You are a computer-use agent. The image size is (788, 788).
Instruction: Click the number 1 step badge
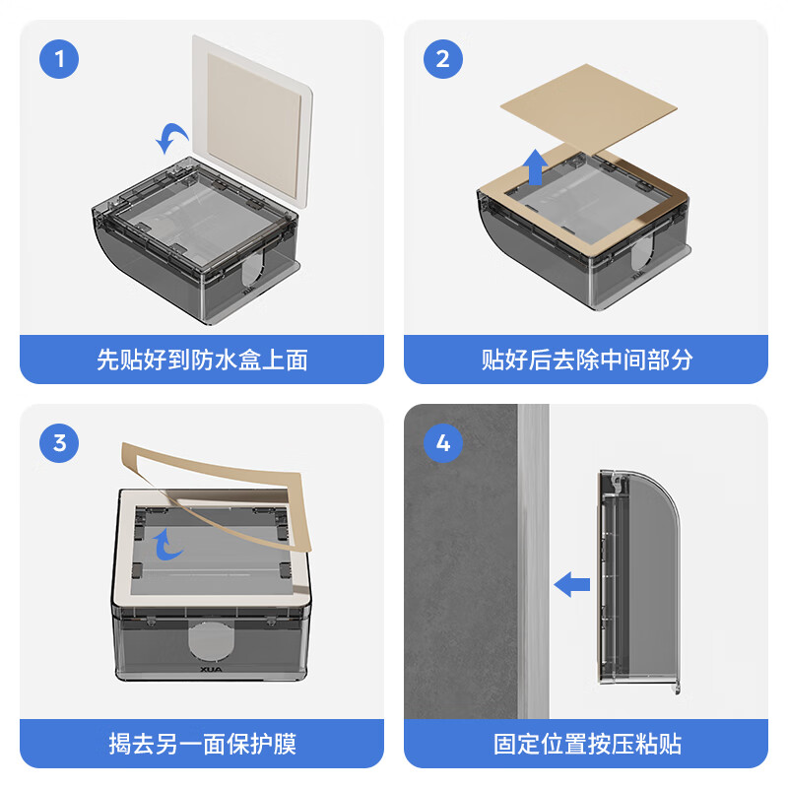pos(60,59)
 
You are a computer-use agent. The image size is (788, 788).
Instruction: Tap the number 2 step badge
pos(443,59)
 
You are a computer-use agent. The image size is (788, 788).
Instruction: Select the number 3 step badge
pos(60,443)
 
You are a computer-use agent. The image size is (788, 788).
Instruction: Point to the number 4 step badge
pos(443,443)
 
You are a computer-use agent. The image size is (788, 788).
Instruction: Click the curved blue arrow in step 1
pos(174,140)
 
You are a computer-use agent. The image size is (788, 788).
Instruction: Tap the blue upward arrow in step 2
pos(535,167)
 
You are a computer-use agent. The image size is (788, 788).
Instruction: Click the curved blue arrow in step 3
pos(170,542)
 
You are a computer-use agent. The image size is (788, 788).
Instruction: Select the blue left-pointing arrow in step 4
pos(571,585)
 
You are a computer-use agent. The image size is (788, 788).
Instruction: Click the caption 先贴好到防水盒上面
pos(202,360)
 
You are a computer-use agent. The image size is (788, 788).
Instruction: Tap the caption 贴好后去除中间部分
pos(586,360)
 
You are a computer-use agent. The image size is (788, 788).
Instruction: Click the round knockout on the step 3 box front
pos(212,640)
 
